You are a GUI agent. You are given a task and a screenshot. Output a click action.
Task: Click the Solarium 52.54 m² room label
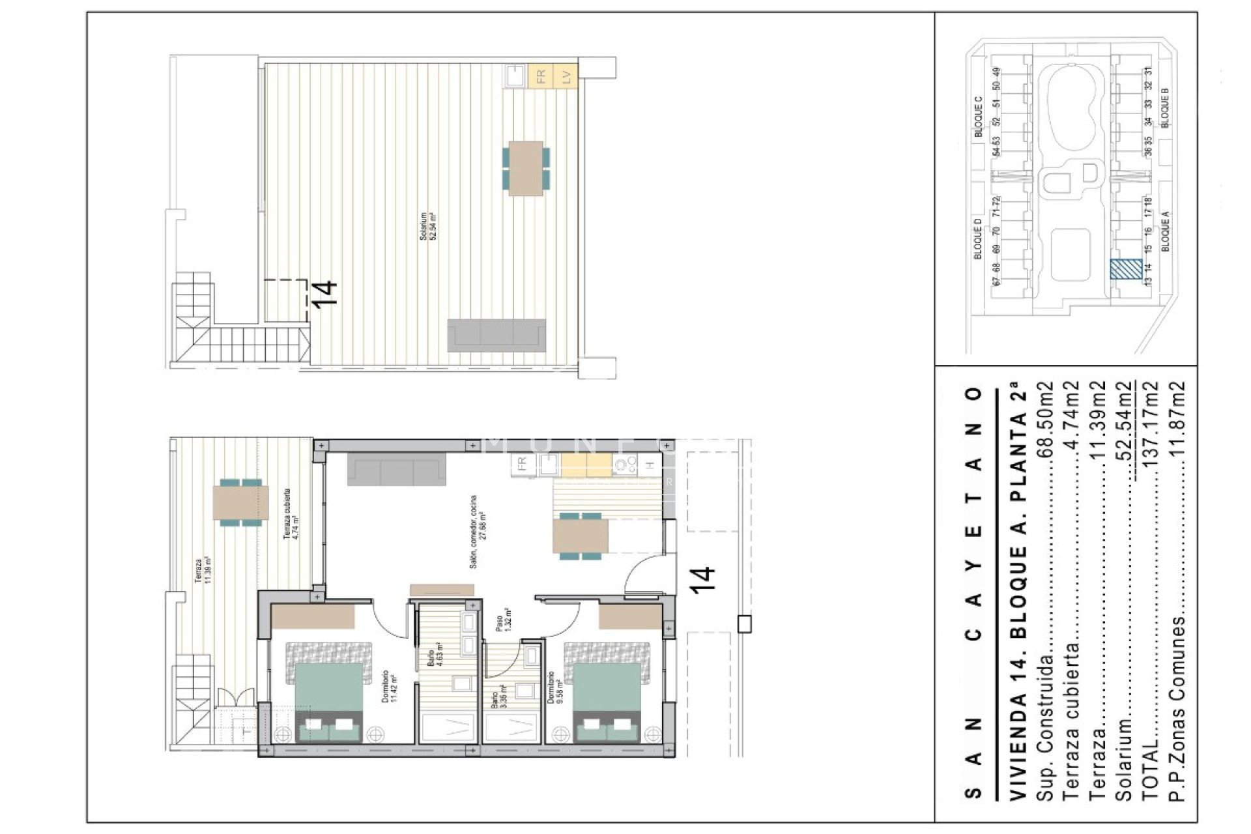[x=427, y=226]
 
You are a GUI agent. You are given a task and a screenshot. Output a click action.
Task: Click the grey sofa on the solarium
[x=496, y=336]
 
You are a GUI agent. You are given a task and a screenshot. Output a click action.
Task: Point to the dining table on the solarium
[x=526, y=168]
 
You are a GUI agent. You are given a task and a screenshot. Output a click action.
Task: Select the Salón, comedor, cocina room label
[x=478, y=531]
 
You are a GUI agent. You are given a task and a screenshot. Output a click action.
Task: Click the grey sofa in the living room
[x=397, y=470]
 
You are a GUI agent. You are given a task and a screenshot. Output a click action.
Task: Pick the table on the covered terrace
[x=241, y=502]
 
